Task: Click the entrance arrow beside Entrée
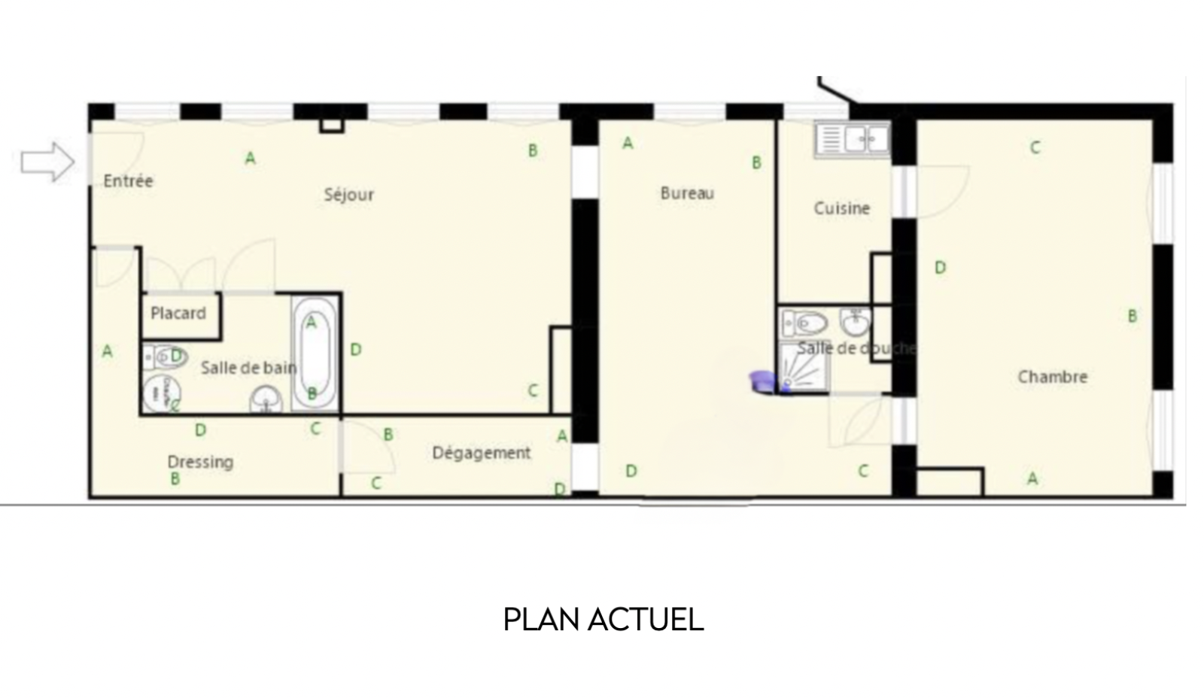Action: pyautogui.click(x=48, y=161)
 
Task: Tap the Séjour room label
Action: pyautogui.click(x=349, y=195)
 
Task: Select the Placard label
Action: pyautogui.click(x=178, y=313)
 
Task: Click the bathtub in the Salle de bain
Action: pyautogui.click(x=315, y=354)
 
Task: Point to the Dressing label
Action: pyautogui.click(x=200, y=462)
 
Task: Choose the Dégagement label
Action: pyautogui.click(x=482, y=453)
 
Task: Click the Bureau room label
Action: pyautogui.click(x=688, y=193)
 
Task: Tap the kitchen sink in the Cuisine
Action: pyautogui.click(x=853, y=139)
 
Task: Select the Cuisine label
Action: pyautogui.click(x=842, y=208)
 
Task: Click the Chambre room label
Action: pyautogui.click(x=1053, y=377)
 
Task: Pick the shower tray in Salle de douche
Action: pyautogui.click(x=804, y=368)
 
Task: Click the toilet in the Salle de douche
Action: pyautogui.click(x=804, y=323)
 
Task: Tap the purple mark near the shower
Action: pyautogui.click(x=764, y=381)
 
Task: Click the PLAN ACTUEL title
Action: pyautogui.click(x=603, y=620)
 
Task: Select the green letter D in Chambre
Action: pyautogui.click(x=940, y=267)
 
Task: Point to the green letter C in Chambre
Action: pyautogui.click(x=1035, y=147)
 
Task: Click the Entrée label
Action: pyautogui.click(x=129, y=181)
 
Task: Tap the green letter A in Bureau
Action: pyautogui.click(x=628, y=143)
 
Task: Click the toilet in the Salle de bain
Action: pyautogui.click(x=166, y=357)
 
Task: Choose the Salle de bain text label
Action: pyautogui.click(x=249, y=368)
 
